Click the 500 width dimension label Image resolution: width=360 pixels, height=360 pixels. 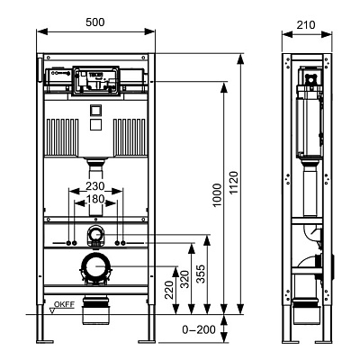pos(95,22)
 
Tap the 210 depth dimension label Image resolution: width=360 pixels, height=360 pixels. pos(306,25)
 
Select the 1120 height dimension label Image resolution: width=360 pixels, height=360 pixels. pos(234,183)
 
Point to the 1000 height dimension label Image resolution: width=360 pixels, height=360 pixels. pos(218,195)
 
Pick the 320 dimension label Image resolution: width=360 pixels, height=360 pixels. pos(185,279)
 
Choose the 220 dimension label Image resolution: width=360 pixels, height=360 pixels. pos(169,290)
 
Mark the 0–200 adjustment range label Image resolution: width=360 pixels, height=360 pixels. pos(199,329)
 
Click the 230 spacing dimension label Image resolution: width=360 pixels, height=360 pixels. pos(95,186)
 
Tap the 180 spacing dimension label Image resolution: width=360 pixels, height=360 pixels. pos(95,199)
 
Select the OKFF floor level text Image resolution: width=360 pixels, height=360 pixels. pos(64,304)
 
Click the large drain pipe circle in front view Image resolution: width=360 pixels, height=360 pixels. pos(95,266)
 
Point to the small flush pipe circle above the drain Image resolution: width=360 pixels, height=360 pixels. pos(95,233)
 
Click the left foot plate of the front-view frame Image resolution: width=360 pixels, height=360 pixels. pos(45,341)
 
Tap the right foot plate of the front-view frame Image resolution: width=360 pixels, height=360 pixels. pos(147,341)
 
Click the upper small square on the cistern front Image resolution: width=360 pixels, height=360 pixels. pos(95,110)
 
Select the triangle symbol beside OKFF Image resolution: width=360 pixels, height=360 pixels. pos(51,311)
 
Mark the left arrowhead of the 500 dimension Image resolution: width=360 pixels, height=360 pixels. pos(42,31)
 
